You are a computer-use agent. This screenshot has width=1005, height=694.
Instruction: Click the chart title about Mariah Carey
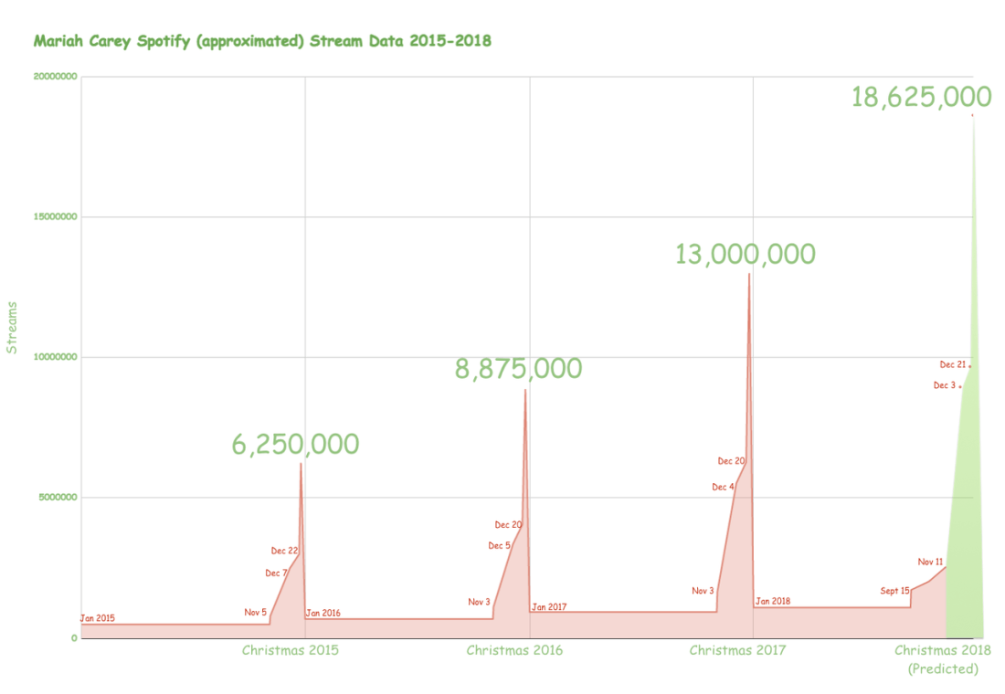point(262,41)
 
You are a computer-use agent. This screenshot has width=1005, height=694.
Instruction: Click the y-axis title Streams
point(12,327)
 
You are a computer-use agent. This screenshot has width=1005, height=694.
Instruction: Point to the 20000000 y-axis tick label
point(54,78)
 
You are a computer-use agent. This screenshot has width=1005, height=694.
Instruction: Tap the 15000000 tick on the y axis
point(54,217)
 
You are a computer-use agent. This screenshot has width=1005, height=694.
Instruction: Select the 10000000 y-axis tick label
point(54,357)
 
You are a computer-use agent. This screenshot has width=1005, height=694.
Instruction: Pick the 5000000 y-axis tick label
point(57,498)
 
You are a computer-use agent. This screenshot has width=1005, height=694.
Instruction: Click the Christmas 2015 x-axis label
point(290,650)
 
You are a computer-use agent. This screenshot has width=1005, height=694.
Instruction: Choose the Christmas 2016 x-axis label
point(514,650)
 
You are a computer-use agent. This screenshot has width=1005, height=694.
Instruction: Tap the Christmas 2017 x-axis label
point(737,650)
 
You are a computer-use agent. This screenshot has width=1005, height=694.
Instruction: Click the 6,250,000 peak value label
point(295,445)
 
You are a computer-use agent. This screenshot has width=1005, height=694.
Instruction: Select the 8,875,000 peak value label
point(518,369)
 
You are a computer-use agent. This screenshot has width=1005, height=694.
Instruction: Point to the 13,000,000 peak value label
point(745,254)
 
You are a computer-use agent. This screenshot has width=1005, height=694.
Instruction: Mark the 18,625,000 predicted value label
point(921,98)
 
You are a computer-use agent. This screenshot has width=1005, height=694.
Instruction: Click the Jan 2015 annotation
point(98,618)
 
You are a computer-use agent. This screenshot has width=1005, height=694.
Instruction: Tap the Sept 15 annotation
point(894,591)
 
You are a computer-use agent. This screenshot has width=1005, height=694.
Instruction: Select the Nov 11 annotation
point(930,562)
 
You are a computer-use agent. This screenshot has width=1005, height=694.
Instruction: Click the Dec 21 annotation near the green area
point(952,364)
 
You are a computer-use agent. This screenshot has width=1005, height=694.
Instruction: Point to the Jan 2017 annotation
point(550,607)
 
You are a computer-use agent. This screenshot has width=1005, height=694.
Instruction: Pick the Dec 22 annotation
point(284,551)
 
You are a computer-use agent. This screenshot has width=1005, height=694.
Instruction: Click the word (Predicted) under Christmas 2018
point(943,669)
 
